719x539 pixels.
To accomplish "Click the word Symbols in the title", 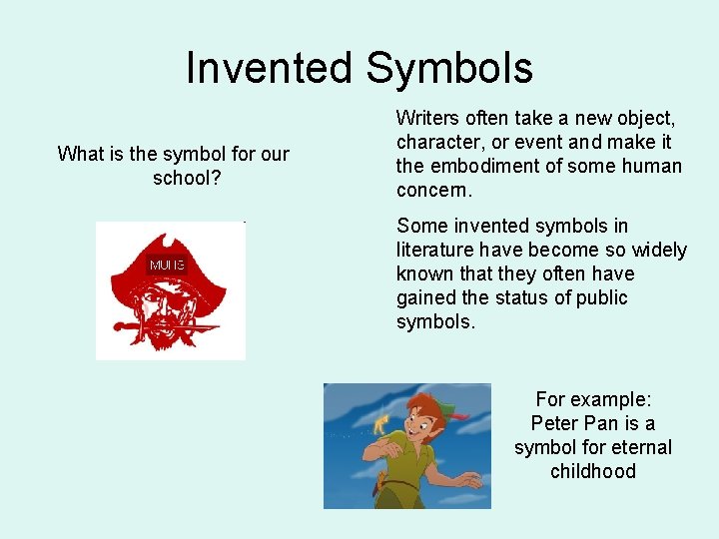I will tap(449, 69).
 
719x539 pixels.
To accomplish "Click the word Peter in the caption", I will tap(555, 423).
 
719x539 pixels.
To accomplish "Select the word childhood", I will tap(593, 471).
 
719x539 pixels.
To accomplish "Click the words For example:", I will tap(593, 399).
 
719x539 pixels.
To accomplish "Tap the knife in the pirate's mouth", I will tap(170, 327).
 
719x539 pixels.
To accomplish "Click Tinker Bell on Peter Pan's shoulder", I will tap(379, 424).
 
